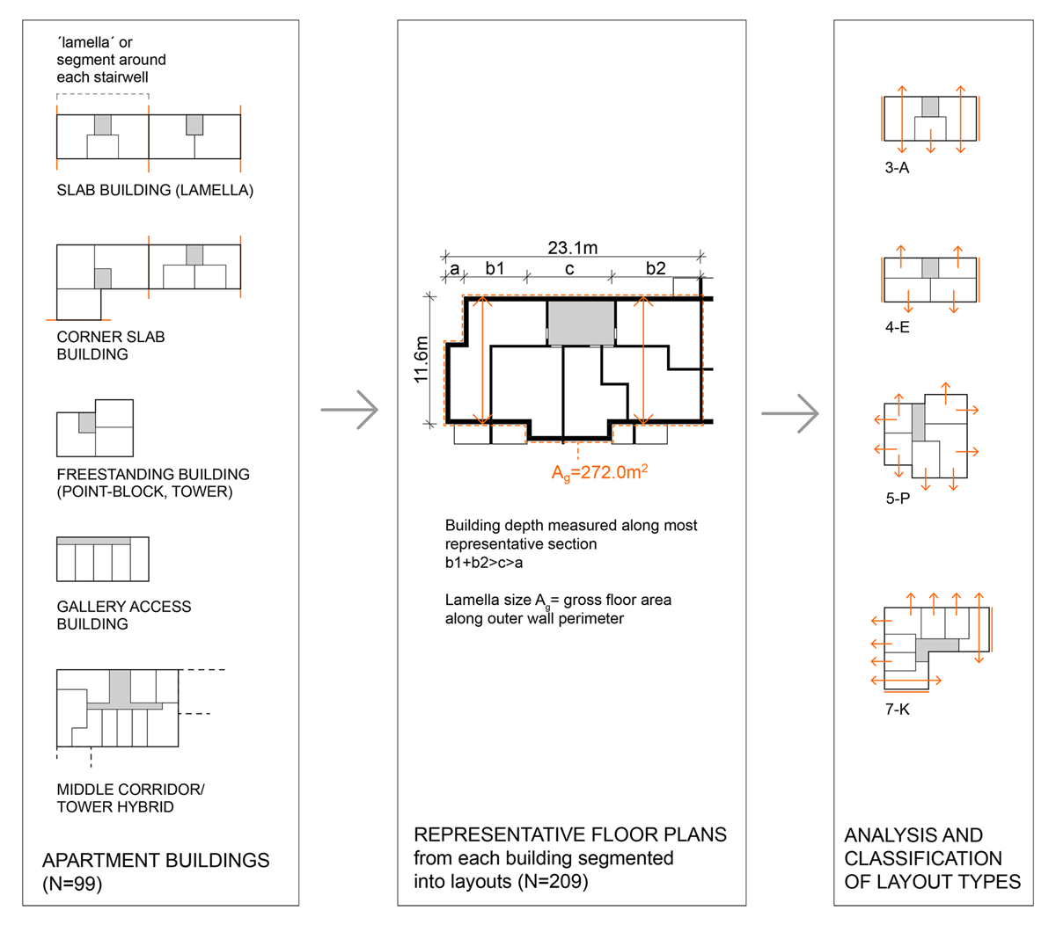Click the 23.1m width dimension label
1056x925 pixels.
pos(572,248)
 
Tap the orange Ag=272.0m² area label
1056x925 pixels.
pos(599,473)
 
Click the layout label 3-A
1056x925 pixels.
pos(897,168)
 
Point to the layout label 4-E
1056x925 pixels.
pos(897,327)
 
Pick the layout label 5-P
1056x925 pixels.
pos(898,499)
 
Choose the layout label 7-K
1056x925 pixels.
pos(897,709)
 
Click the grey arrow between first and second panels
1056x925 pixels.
pos(349,410)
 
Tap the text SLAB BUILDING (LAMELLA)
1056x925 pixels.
pos(155,191)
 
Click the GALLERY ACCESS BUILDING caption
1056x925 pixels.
pos(123,615)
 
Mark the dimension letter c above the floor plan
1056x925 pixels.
pos(569,269)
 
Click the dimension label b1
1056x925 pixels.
pos(495,269)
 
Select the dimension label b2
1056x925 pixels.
pos(656,269)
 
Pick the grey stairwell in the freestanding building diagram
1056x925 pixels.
pos(86,422)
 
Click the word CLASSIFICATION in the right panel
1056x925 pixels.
pos(922,858)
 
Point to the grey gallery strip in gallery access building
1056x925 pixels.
pos(93,541)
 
